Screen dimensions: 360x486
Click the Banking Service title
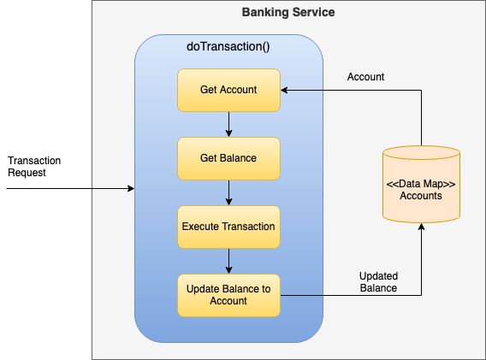288,13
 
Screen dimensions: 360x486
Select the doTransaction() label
228,46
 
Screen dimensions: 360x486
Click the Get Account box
228,89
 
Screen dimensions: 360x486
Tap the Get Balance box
228,158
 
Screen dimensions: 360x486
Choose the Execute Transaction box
228,227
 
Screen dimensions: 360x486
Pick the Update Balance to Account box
228,295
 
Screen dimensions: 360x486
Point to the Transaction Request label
34,166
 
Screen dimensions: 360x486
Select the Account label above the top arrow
365,77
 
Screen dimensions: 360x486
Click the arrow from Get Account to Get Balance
228,124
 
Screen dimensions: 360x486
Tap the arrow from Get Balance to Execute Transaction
228,192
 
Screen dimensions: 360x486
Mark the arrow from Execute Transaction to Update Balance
228,261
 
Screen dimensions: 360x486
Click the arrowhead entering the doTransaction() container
131,188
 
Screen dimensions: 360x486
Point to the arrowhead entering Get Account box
285,89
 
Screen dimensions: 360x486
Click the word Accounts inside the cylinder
421,196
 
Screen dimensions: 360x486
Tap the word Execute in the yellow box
202,227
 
